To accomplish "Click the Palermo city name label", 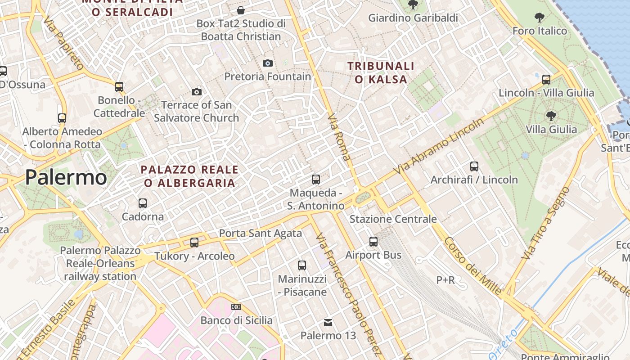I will tap(66, 177).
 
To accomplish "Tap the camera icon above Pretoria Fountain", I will tap(268, 63).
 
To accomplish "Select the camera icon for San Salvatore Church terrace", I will tap(196, 92).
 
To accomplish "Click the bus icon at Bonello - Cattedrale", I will tap(119, 86).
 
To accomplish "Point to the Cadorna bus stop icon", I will tap(143, 203).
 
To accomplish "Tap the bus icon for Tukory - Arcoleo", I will tap(194, 243).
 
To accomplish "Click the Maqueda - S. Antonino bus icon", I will tap(316, 180).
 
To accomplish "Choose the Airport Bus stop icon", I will tap(373, 242).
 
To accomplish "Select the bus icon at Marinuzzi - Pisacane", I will tap(302, 265).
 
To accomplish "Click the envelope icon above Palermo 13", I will tap(328, 322).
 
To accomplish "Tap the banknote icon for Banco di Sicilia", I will tap(236, 307).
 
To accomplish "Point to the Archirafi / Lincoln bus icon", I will tap(474, 166).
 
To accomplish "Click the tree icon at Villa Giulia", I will tap(551, 116).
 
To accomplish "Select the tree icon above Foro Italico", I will tap(539, 18).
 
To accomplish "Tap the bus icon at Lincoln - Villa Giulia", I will tap(546, 80).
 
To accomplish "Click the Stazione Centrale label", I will tap(393, 219).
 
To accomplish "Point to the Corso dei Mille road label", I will tap(472, 266).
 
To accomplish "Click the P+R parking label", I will tap(445, 280).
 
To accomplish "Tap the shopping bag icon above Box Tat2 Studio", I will tap(241, 10).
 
